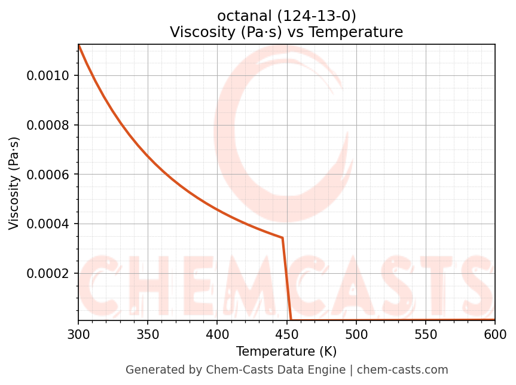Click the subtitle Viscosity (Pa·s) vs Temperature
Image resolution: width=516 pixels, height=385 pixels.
click(286, 32)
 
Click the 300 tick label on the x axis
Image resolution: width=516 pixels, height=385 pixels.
click(78, 334)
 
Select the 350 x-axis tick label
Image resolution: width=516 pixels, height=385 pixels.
click(148, 334)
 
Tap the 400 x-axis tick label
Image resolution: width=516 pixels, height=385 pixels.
click(217, 334)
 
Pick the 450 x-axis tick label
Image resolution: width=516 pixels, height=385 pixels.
click(286, 334)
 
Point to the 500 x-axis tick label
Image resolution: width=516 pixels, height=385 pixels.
click(356, 334)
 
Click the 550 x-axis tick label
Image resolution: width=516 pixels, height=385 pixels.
click(426, 334)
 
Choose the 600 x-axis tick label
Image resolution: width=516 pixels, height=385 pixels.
click(495, 334)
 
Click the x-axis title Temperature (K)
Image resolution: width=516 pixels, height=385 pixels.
click(286, 352)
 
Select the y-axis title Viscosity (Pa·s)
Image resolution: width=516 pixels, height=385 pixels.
click(14, 183)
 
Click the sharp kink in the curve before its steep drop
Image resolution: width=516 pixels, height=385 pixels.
click(282, 238)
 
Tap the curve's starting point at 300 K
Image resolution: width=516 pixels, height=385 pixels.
click(79, 45)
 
